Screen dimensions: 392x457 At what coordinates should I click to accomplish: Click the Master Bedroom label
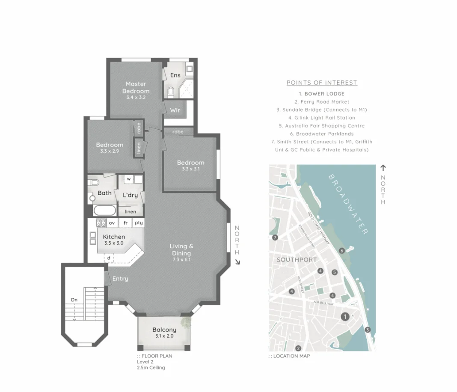[136, 87]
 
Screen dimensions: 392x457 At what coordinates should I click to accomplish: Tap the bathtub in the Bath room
[104, 211]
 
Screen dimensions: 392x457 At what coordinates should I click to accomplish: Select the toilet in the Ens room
[171, 91]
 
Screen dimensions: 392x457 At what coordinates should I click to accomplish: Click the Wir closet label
[175, 110]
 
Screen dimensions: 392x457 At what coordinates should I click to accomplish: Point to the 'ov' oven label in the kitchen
[112, 223]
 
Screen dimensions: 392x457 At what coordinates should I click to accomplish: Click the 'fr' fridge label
[126, 223]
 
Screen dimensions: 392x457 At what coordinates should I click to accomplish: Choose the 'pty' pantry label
[139, 223]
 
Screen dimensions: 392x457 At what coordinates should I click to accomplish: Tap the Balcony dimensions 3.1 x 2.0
[164, 336]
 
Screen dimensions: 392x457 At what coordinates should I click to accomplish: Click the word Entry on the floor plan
[120, 279]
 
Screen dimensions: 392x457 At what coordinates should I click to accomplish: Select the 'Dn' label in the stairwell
[74, 300]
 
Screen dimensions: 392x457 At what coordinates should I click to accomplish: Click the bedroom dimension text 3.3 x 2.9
[110, 151]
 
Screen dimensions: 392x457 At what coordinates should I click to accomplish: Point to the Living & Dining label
[181, 249]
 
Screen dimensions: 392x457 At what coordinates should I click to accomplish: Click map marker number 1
[344, 316]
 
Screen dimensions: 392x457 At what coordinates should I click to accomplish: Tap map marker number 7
[275, 238]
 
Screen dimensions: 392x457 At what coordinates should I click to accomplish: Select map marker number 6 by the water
[341, 251]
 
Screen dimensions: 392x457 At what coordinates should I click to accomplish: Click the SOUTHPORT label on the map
[297, 260]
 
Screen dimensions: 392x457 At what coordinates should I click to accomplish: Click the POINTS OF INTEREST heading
[322, 83]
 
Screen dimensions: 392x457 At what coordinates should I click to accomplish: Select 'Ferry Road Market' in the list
[322, 102]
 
